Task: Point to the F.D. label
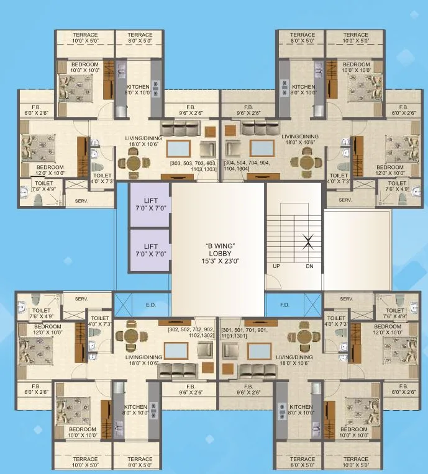[x=285, y=305]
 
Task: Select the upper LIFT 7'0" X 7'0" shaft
[x=149, y=205]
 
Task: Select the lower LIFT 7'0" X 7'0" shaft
[x=149, y=250]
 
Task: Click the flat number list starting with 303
[x=196, y=168]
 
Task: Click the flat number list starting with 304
[x=246, y=168]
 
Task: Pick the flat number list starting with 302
[x=191, y=333]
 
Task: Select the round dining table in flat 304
[x=304, y=162]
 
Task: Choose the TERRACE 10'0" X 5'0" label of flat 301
[x=356, y=462]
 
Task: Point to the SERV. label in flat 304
[x=346, y=200]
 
